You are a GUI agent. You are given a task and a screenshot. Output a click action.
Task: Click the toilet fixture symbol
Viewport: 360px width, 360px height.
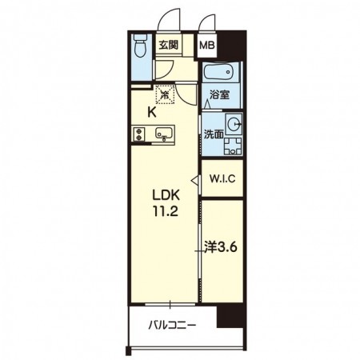(140, 46)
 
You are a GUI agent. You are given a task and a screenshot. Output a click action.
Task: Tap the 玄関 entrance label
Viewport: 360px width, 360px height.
(168, 45)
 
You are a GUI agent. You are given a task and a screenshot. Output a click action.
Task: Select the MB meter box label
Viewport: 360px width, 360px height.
(207, 46)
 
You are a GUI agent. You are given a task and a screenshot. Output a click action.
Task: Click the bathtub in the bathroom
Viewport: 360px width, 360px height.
(220, 72)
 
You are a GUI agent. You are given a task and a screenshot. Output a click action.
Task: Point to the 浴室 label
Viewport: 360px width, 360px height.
(219, 94)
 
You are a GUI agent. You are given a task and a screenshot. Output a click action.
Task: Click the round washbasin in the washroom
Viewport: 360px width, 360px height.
(234, 124)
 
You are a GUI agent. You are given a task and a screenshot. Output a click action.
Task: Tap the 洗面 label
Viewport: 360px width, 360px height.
(214, 134)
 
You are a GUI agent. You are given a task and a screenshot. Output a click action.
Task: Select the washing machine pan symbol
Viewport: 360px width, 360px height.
(233, 146)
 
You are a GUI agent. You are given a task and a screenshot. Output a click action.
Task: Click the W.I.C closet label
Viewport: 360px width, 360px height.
(222, 178)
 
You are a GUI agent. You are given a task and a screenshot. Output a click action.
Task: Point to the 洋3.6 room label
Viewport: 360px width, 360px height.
(221, 247)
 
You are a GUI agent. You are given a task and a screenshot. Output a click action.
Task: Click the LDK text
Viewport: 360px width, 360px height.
(166, 195)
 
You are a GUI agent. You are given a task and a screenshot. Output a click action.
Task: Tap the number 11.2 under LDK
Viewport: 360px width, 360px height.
(166, 211)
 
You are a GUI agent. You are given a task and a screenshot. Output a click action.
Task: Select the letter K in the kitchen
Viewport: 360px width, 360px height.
(152, 113)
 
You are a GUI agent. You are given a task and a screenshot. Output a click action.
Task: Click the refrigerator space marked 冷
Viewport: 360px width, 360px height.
(165, 94)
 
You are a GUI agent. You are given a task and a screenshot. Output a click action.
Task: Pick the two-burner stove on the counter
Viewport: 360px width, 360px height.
(139, 134)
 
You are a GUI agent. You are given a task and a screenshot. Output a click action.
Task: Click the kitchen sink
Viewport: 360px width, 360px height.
(164, 133)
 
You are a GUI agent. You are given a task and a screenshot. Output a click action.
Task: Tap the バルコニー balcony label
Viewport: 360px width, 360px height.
(172, 326)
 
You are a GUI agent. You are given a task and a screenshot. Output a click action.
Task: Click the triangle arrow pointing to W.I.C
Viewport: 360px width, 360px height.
(194, 180)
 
